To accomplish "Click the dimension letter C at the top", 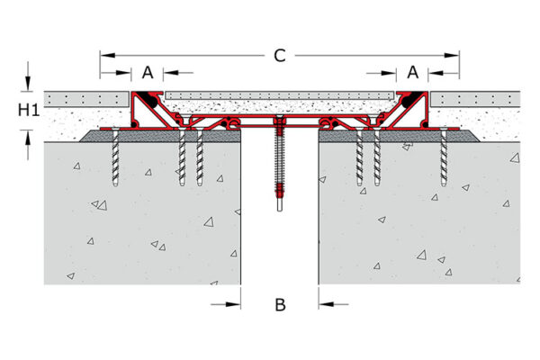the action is pos(280,56).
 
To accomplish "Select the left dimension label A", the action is pos(148,73).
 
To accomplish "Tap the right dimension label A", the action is pos(412,72).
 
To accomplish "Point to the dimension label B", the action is pos(280,304).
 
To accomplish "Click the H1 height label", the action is pos(29,110).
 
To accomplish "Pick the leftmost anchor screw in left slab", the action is pos(115,157).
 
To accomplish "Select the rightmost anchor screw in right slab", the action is pos(444,157).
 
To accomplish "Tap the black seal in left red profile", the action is pos(151,100).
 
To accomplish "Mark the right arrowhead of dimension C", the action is pos(452,56).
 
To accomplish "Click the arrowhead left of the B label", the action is pos(233,304).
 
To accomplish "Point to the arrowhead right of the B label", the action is pos(326,304).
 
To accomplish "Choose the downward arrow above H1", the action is pos(28,84).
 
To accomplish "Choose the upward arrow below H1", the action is pos(28,138).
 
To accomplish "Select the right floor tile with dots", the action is pos(475,100).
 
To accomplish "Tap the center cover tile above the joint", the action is pos(279,95).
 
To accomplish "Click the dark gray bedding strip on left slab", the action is pos(160,136).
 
